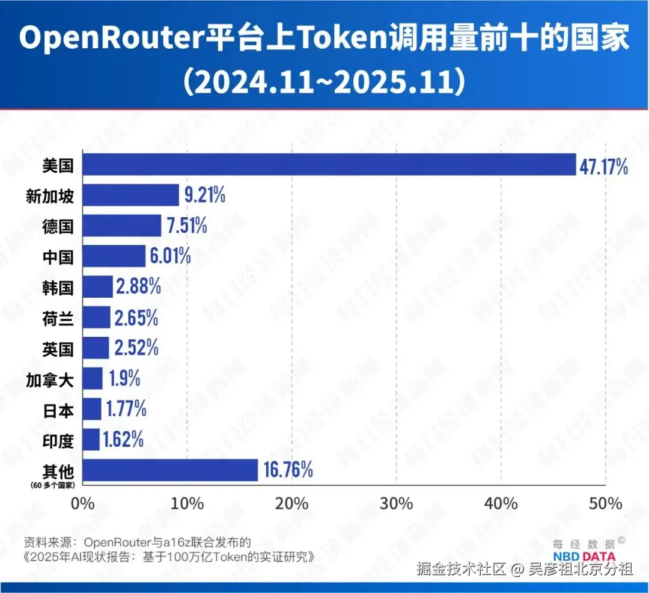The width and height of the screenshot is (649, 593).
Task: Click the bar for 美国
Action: tap(329, 165)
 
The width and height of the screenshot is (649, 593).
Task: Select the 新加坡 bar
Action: tap(130, 195)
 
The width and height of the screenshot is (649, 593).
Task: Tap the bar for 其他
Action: tap(170, 470)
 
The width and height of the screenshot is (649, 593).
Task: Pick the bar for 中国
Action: tap(114, 256)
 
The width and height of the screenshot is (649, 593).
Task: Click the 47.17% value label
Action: tap(604, 165)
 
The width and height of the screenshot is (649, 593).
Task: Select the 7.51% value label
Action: tap(187, 226)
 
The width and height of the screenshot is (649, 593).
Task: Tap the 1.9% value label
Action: tap(124, 379)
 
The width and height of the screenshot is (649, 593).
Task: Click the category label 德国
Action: tap(58, 226)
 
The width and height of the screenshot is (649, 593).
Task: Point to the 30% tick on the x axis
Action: tap(396, 503)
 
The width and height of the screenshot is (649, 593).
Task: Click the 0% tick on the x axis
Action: tap(83, 503)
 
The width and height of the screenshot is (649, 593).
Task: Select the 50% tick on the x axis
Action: tap(605, 503)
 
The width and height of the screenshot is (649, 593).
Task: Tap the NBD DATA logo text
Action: tap(583, 556)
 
